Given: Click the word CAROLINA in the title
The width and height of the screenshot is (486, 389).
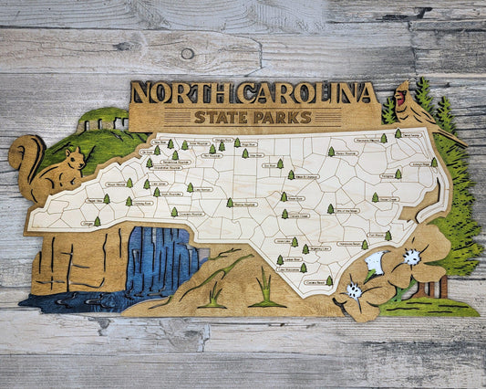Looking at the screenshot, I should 306,93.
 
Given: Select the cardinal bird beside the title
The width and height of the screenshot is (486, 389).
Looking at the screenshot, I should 406,103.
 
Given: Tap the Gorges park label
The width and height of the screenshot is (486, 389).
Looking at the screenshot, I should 88,223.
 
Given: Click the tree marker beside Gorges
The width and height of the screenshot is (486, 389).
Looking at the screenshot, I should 98,221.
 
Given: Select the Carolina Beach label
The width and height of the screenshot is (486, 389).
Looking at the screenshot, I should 314,282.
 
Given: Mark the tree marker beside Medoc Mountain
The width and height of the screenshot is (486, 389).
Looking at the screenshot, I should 331,152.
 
